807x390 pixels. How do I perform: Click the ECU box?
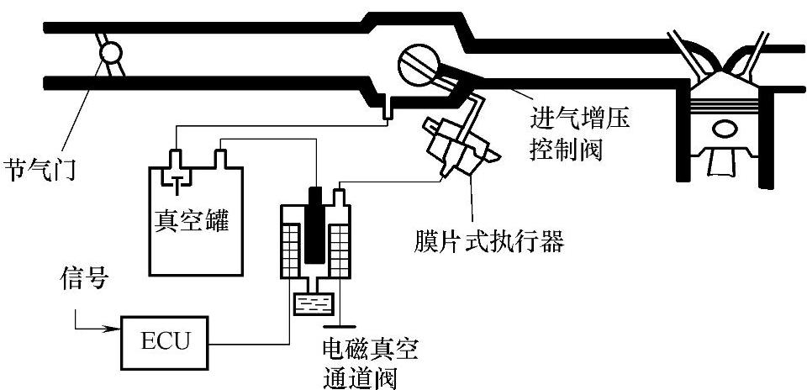(x=165, y=341)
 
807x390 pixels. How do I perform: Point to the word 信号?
(x=84, y=278)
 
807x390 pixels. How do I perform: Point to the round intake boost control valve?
(x=413, y=64)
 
